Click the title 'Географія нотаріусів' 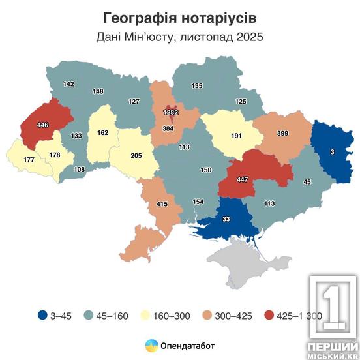(179, 15)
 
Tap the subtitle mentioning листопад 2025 (179, 37)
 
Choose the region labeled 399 (283, 133)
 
